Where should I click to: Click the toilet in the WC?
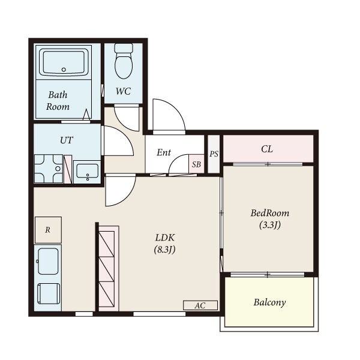[x=124, y=61]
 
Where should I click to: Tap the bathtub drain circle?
[x=64, y=70]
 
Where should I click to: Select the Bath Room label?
[x=58, y=101]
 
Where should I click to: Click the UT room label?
[x=67, y=140]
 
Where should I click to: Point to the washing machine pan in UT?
[x=49, y=169]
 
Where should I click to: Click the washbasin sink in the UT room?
[x=88, y=171]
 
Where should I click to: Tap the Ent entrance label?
[x=164, y=152]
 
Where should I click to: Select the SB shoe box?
[x=196, y=164]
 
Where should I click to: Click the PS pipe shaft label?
[x=214, y=154]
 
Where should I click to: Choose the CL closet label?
[x=267, y=149]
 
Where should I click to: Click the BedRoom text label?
[x=270, y=213]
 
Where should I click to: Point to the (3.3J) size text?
[x=270, y=225]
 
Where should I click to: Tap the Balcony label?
[x=269, y=302]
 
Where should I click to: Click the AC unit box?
[x=200, y=305]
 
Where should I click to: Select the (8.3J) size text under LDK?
[x=165, y=250]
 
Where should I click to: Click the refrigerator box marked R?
[x=48, y=230]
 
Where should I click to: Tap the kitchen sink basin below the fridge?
[x=48, y=261]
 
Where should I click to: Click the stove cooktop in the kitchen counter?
[x=49, y=293]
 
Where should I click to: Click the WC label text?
[x=123, y=91]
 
